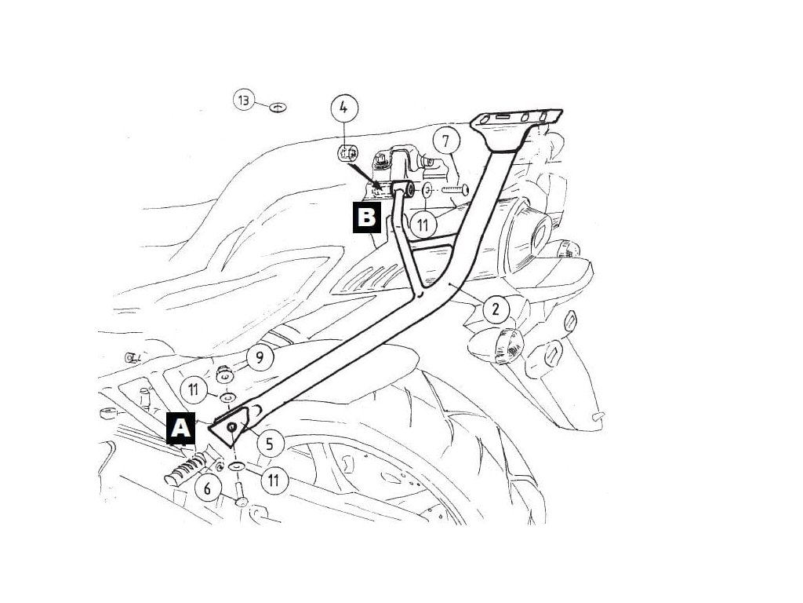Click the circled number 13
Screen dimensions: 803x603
[244, 100]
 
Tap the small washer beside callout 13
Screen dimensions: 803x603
[278, 106]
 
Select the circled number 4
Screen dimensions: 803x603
[344, 108]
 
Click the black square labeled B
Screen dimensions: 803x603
[365, 218]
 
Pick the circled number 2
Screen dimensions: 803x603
[495, 309]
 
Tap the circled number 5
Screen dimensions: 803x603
[269, 444]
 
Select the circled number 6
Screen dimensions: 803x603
[208, 488]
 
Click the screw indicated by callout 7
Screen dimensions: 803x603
[454, 189]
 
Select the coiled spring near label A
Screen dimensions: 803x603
[183, 470]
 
